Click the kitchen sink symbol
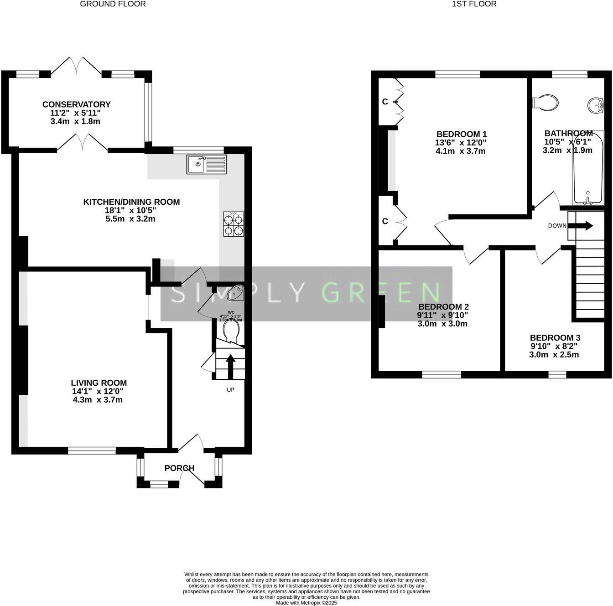point(206,164)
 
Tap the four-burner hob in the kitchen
point(233,224)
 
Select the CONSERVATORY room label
point(77,104)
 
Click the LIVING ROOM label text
point(99,383)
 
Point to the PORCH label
point(179,468)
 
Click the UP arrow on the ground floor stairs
point(230,366)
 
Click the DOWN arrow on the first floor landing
point(586,225)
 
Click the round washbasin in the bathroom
point(597,105)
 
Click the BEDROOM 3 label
point(555,338)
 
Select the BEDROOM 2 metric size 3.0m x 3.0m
point(442,324)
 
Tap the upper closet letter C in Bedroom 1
point(385,102)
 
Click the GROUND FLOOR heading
point(113,4)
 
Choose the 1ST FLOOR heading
point(474,4)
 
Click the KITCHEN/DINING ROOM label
point(131,202)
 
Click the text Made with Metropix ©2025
point(306,602)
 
